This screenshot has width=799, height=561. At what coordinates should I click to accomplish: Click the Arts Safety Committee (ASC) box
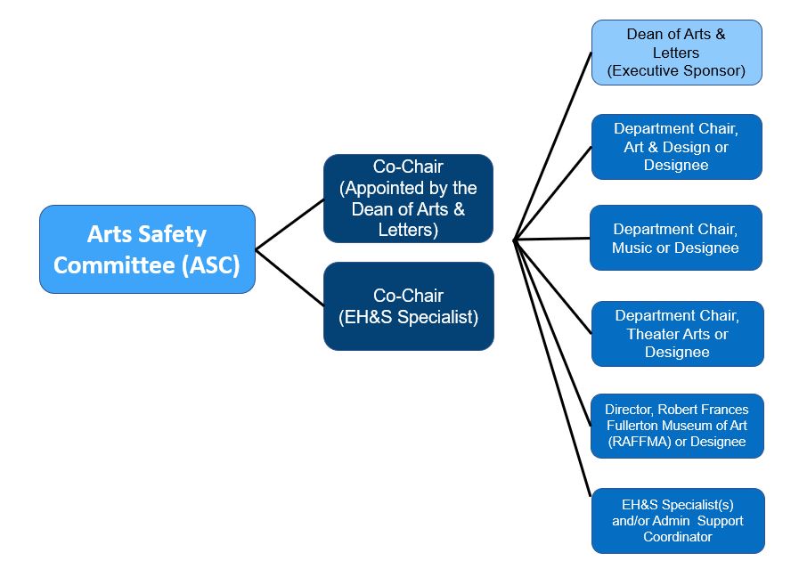click(x=147, y=249)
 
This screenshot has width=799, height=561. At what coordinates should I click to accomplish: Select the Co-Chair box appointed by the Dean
click(x=408, y=199)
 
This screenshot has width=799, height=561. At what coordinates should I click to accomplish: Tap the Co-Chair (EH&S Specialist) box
click(x=408, y=305)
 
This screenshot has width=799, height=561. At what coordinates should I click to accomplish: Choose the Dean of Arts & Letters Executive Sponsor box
click(x=676, y=53)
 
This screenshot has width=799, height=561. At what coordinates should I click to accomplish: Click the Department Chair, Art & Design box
click(x=676, y=147)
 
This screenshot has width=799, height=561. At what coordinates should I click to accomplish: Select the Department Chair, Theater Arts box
click(x=677, y=334)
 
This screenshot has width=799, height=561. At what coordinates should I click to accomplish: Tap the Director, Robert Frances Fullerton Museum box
click(x=677, y=426)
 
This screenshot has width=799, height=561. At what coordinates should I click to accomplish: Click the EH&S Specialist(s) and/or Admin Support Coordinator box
click(x=677, y=521)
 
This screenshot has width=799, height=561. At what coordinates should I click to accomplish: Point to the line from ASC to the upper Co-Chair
click(x=289, y=224)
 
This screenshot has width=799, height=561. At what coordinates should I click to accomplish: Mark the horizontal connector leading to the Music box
click(x=552, y=239)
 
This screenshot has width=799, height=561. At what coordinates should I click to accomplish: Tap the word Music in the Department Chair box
click(x=632, y=248)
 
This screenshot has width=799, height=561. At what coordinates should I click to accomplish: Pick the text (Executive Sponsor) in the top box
click(x=676, y=70)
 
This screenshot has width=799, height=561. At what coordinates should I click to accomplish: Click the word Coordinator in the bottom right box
click(x=677, y=537)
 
